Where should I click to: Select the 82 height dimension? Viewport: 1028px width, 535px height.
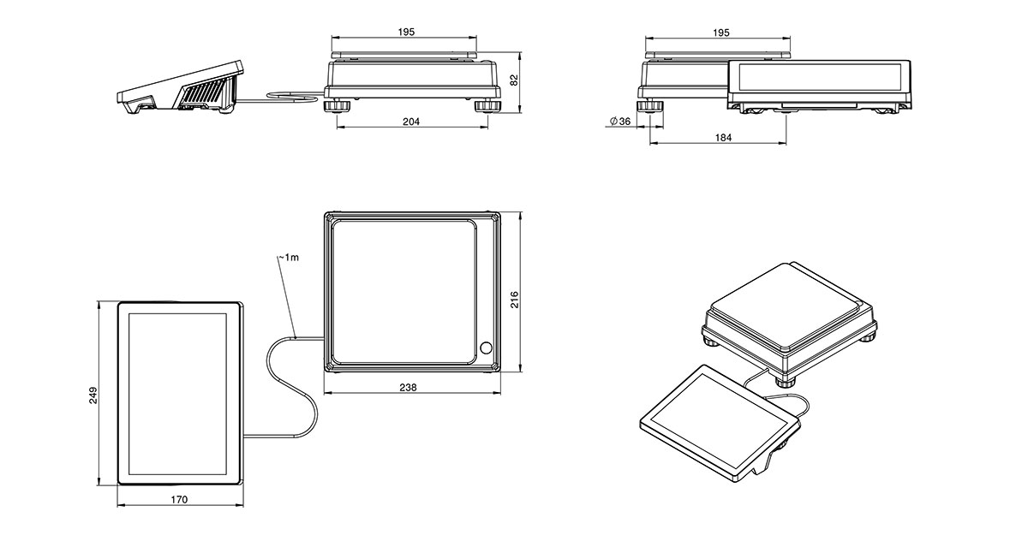pyautogui.click(x=514, y=79)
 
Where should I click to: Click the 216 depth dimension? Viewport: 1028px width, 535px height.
pyautogui.click(x=514, y=299)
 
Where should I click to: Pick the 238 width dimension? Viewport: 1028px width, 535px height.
pyautogui.click(x=409, y=388)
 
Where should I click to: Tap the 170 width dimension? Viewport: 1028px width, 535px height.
pyautogui.click(x=178, y=499)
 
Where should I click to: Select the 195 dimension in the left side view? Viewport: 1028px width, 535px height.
pyautogui.click(x=406, y=32)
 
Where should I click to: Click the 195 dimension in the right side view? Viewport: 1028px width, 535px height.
pyautogui.click(x=721, y=33)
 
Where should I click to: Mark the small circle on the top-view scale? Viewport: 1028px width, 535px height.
pyautogui.click(x=487, y=348)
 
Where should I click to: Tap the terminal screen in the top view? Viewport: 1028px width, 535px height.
pyautogui.click(x=178, y=394)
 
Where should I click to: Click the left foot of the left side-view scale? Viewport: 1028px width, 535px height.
pyautogui.click(x=338, y=106)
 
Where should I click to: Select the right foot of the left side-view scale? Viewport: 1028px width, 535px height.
pyautogui.click(x=487, y=106)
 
